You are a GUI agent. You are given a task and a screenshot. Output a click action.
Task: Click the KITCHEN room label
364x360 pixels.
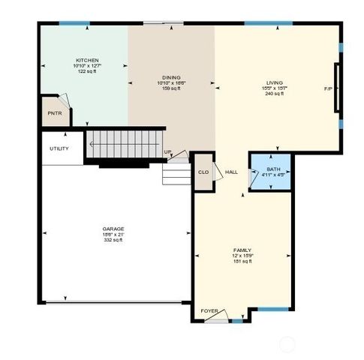[87, 60]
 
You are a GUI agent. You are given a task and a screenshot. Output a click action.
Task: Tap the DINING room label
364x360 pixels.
[171, 77]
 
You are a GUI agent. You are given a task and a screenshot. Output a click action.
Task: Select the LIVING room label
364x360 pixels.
[273, 82]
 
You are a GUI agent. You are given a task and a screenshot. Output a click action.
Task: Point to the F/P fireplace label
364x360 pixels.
[328, 89]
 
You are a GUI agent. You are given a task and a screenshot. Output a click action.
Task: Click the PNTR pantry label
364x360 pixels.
[55, 113]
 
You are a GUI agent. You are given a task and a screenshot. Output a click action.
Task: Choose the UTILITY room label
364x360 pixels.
[59, 148]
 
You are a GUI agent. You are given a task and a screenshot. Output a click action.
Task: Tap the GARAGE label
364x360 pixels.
[113, 229]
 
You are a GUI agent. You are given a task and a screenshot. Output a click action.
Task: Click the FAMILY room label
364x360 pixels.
[241, 250]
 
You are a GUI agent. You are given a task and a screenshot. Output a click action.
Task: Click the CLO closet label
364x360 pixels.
[203, 172]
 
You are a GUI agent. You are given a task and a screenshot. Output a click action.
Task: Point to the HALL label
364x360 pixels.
[232, 172]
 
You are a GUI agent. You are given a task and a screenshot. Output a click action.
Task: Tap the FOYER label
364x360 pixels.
[209, 310]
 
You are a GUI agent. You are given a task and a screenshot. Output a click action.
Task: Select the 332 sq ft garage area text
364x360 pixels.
[113, 241]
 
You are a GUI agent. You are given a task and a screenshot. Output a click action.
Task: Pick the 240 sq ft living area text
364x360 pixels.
[273, 94]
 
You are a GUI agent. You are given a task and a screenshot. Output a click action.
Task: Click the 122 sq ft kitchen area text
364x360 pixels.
[87, 72]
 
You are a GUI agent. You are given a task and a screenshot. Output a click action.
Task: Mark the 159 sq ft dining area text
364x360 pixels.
[171, 89]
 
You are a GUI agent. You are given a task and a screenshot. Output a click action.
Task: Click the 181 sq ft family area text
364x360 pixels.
[241, 262]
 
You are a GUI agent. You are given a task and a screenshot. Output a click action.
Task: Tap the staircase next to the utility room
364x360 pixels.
[124, 144]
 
